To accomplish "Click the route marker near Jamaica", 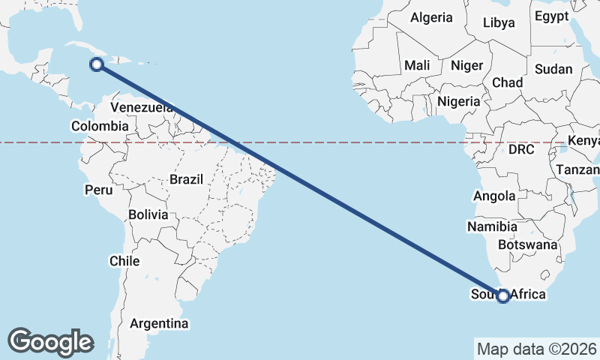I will (x=96, y=64).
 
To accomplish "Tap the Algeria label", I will (x=432, y=17).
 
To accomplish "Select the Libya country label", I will (x=499, y=22).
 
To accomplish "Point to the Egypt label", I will (x=552, y=16).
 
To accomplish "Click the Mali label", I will (x=417, y=65).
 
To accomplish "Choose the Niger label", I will (x=466, y=65).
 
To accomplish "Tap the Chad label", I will (x=507, y=82).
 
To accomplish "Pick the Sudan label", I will (x=553, y=69).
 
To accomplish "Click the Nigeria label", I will (x=458, y=100).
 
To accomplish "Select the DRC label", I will (x=520, y=149).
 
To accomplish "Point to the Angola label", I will (x=494, y=196).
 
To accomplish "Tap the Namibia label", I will (x=492, y=226).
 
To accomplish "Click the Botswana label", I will (x=532, y=244).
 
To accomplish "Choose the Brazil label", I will (x=187, y=179).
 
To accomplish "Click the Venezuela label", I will (x=142, y=108).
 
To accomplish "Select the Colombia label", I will (x=100, y=126).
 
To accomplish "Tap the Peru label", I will (x=98, y=190).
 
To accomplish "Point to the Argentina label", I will (x=159, y=324).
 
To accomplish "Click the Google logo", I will (x=50, y=341).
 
